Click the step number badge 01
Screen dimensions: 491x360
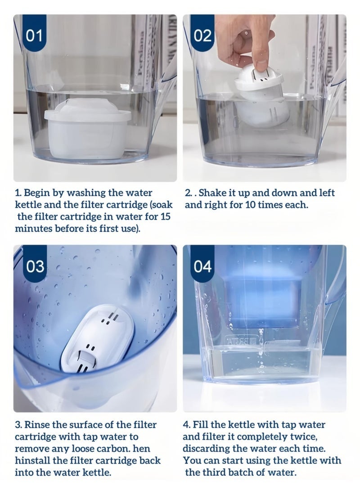click(x=35, y=36)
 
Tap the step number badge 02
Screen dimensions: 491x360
click(x=202, y=36)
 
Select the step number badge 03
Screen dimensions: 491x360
click(x=35, y=266)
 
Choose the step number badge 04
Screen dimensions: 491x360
click(x=202, y=266)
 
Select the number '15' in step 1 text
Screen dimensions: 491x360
click(x=166, y=216)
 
